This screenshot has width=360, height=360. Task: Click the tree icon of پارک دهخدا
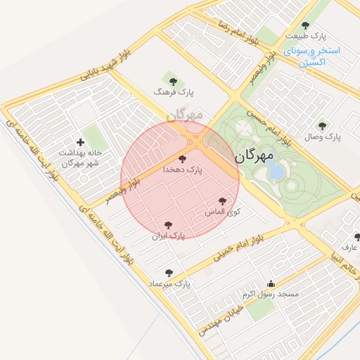[x=183, y=160]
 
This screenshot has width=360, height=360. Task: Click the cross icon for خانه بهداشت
[x=80, y=142]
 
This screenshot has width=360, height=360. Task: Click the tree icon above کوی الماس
[x=223, y=201]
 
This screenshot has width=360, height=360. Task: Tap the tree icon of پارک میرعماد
[x=169, y=272]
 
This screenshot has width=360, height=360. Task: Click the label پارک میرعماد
[x=169, y=283]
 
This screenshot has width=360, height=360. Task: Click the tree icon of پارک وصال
[x=322, y=126]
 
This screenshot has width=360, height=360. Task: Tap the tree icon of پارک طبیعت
[x=304, y=25]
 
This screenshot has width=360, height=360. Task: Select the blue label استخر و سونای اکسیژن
[x=312, y=57]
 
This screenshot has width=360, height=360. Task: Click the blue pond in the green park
[x=277, y=172]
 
